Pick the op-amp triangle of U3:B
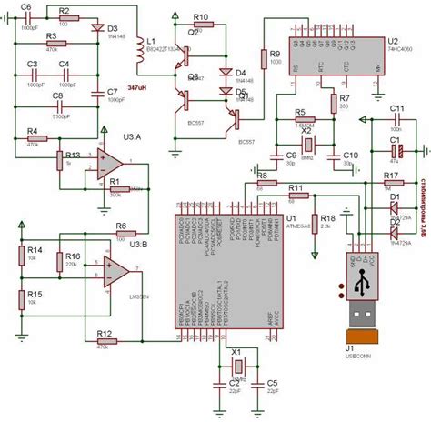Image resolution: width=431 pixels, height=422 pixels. pyautogui.click(x=116, y=270)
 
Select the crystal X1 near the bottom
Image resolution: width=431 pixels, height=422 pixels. pyautogui.click(x=237, y=366)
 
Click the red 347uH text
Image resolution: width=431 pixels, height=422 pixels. pyautogui.click(x=137, y=88)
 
